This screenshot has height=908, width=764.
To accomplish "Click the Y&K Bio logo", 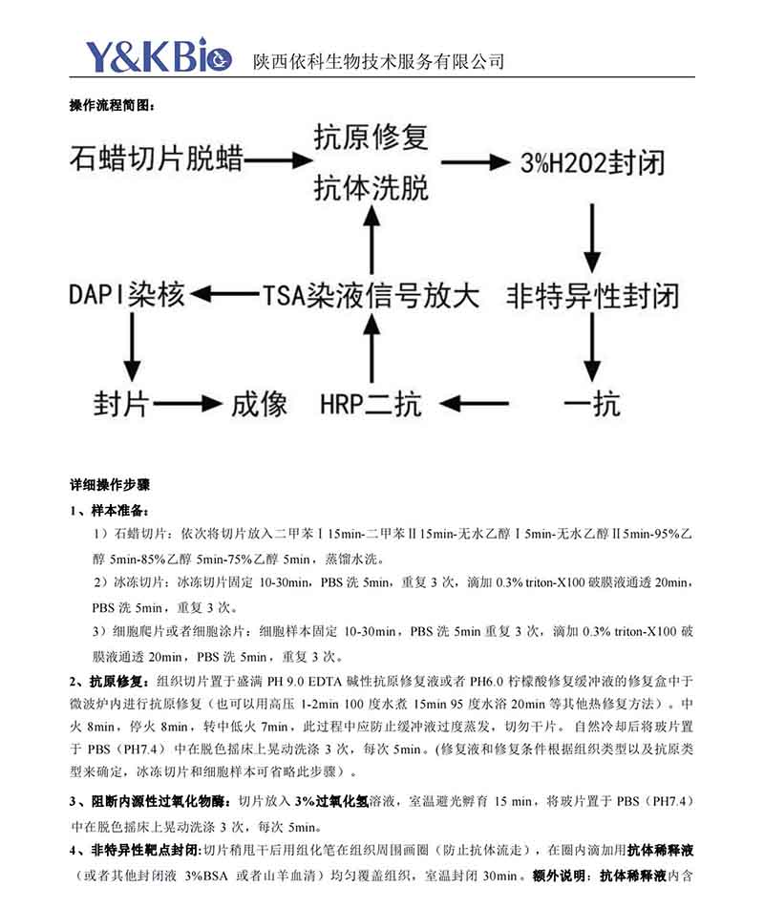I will coord(159,56).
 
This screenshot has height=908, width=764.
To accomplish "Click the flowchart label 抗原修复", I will coord(371,137).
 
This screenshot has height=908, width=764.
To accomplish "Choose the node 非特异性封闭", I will coord(593,293).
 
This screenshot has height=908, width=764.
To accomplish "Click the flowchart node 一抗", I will coord(592,403).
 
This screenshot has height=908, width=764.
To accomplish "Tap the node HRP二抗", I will coord(371,404).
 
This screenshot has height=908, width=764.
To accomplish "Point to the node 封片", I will coord(121,403).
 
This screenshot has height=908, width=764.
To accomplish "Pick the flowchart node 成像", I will coord(259,403).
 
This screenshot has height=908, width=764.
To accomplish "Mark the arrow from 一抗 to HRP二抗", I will coord(483,404).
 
